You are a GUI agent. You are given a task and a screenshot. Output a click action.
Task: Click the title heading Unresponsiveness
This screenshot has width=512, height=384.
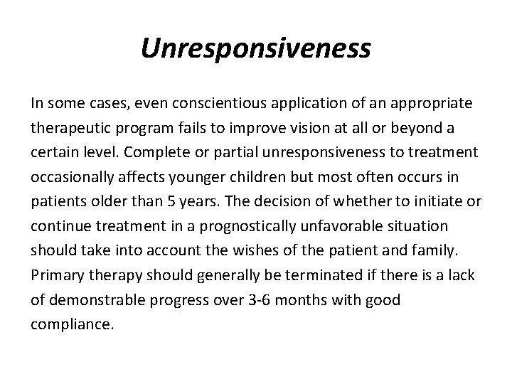coord(256,48)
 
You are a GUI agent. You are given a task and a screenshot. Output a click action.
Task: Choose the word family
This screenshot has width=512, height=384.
coord(439,250)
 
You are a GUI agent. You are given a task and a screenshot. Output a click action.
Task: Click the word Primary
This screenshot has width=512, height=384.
coord(55,275)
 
